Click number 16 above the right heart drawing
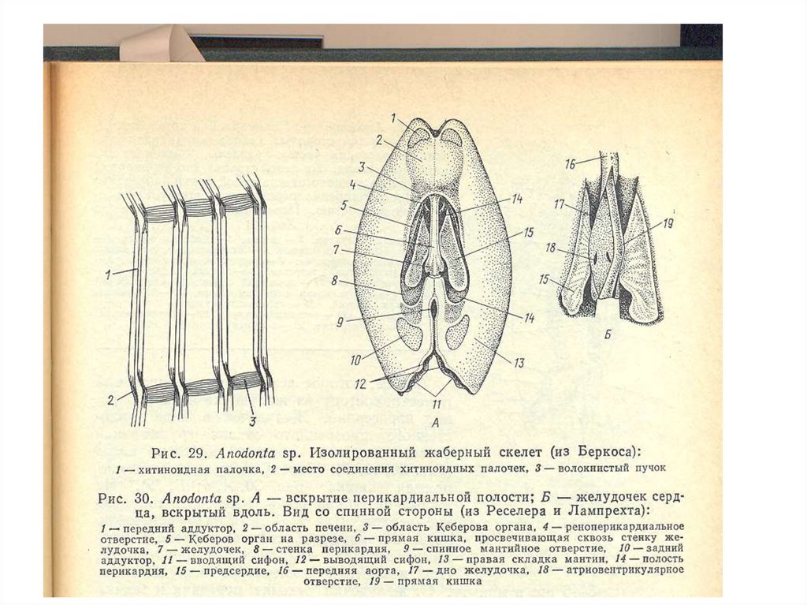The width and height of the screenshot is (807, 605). (570, 163)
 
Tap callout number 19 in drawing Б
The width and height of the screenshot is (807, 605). (668, 223)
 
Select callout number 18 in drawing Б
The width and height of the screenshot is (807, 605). (551, 248)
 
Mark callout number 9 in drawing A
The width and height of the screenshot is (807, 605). (336, 321)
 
